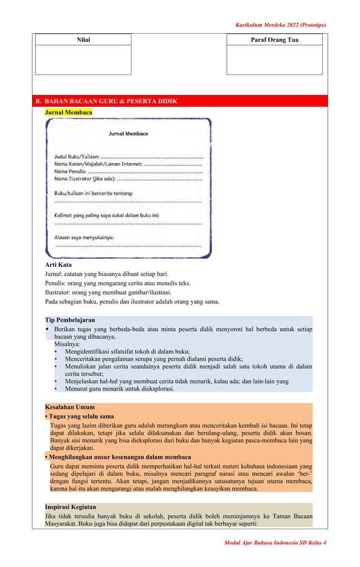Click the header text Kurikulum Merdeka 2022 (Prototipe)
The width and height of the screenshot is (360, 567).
pos(280,25)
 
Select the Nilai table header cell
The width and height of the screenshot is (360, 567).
pos(83,40)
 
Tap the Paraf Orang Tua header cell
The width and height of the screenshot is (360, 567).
pos(274,40)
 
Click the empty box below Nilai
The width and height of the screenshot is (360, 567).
pos(83,60)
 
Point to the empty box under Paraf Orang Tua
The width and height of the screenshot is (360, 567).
pos(274,60)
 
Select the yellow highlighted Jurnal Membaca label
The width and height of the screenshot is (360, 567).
pos(68,113)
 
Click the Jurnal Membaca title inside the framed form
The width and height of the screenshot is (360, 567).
pos(128,134)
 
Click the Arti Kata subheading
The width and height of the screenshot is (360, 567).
pos(58,265)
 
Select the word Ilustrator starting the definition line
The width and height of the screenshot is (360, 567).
pos(59,292)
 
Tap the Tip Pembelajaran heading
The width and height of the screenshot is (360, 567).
pos(70,320)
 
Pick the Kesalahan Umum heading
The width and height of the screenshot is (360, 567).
pos(69,407)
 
